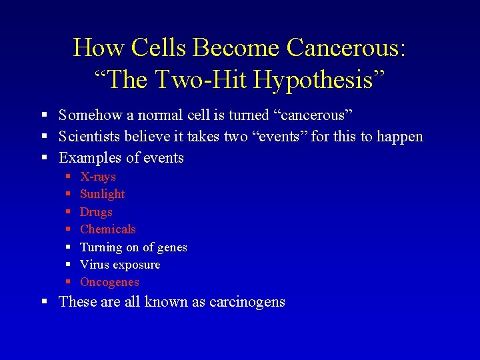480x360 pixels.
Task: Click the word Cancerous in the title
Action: (347, 48)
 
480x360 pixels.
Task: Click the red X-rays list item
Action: (98, 177)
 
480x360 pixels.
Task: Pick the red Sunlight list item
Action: (102, 194)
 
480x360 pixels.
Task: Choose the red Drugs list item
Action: (96, 212)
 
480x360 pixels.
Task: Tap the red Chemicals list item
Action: (107, 229)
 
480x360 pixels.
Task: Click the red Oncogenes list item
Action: (109, 282)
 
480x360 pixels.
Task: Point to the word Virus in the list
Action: (94, 265)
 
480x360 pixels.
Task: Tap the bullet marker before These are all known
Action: (44, 302)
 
